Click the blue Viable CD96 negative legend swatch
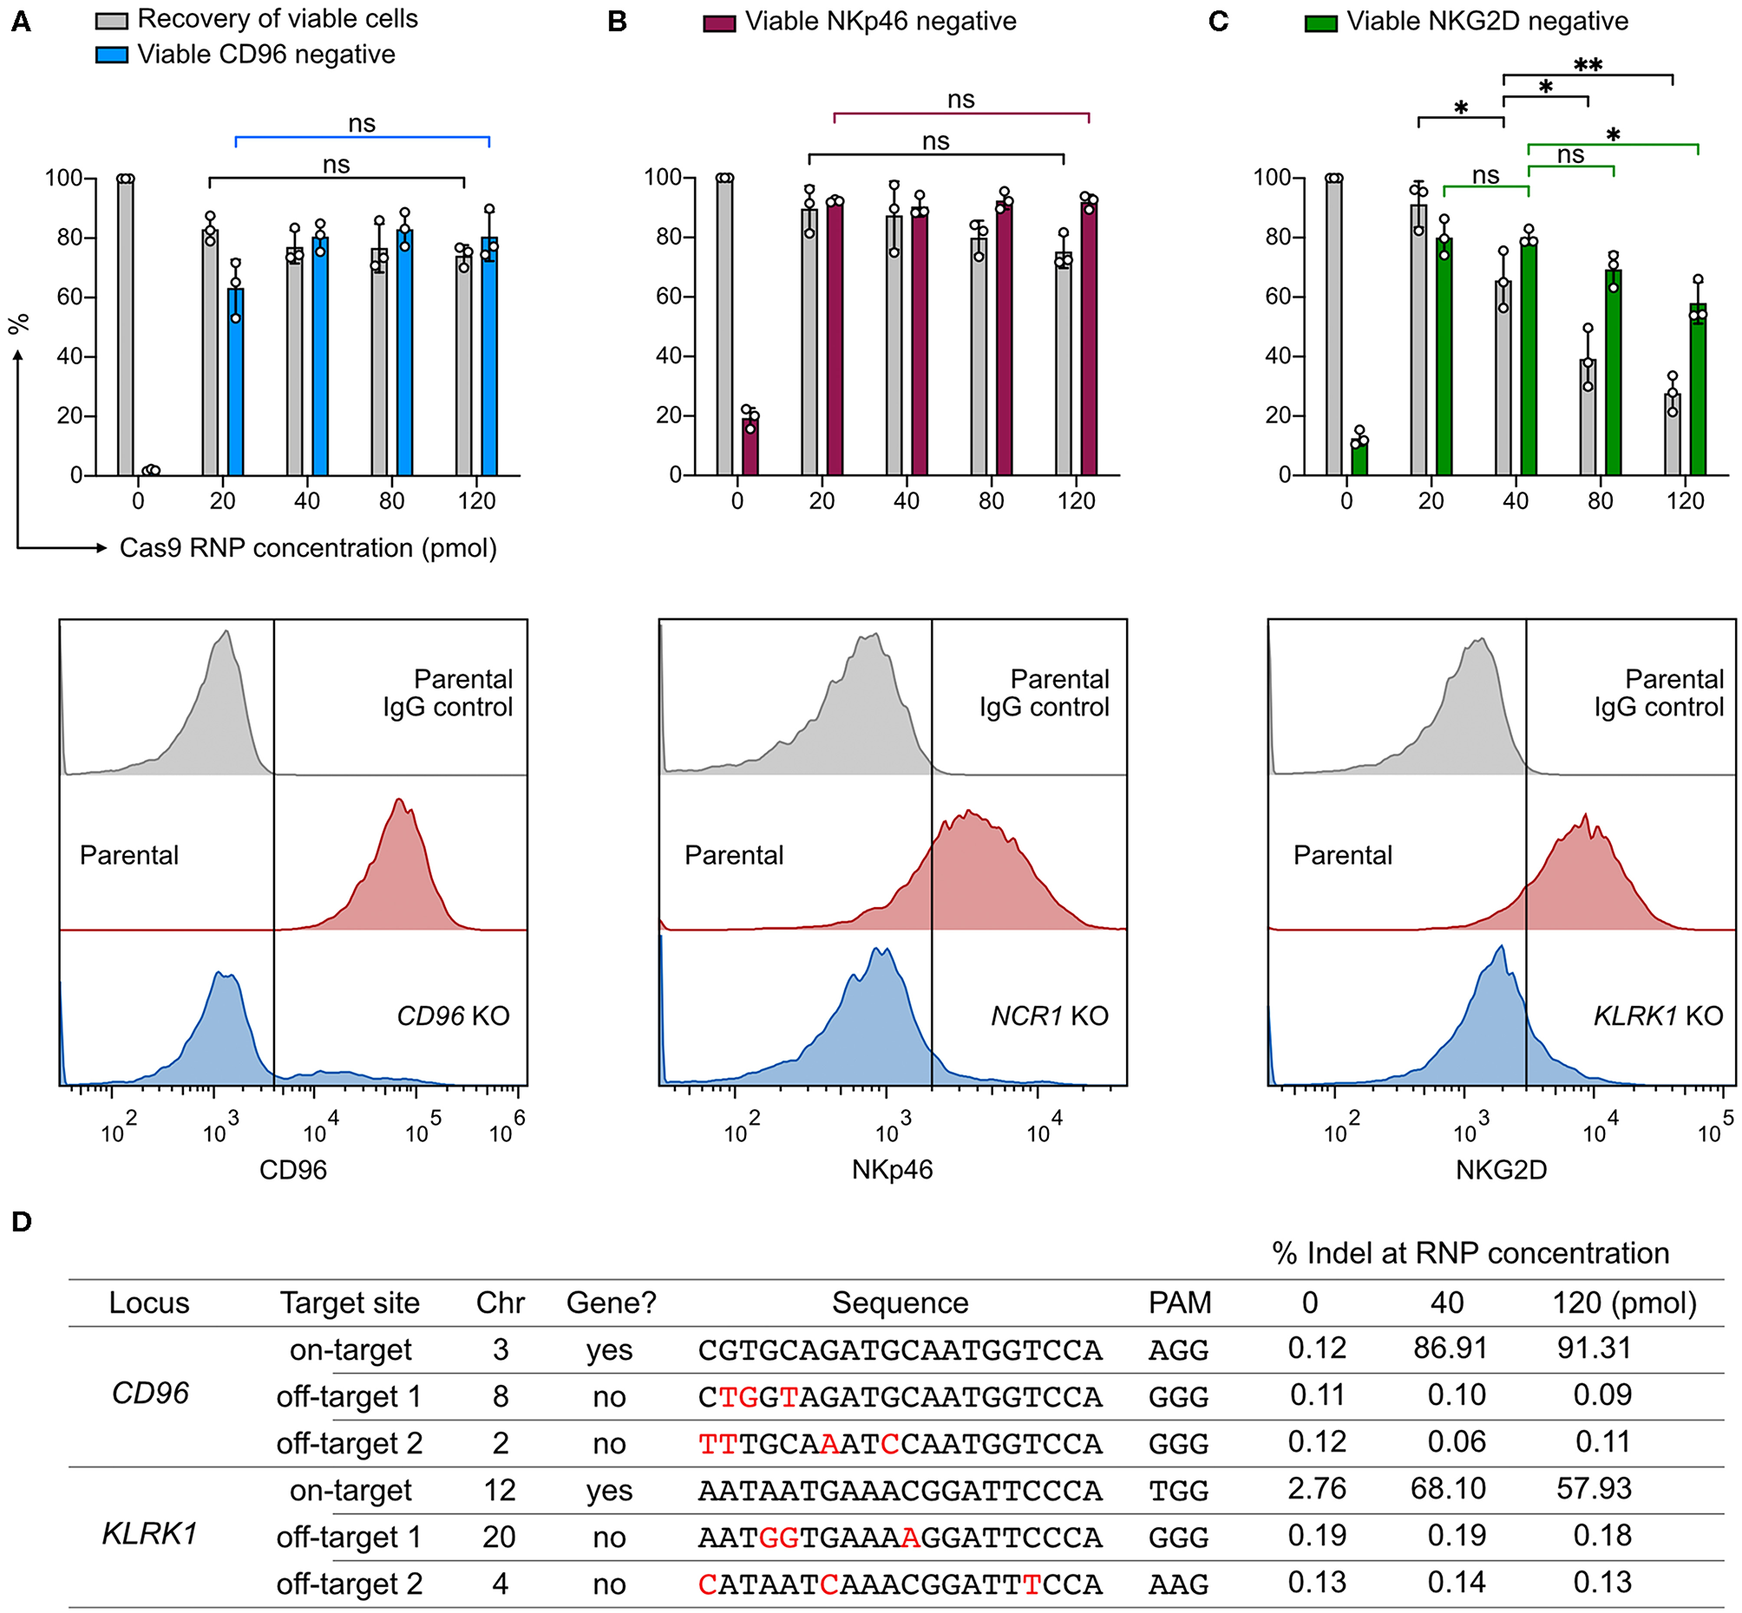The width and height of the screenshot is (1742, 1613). [111, 55]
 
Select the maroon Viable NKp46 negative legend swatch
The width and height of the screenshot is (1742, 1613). [718, 22]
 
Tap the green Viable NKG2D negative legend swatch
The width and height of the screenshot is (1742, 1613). [1320, 22]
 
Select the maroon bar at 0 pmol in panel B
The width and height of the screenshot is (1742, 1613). [750, 447]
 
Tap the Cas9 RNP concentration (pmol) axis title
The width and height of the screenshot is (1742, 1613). [308, 548]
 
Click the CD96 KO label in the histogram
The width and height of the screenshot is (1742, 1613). [452, 1016]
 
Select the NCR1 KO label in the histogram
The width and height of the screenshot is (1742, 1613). [1050, 1016]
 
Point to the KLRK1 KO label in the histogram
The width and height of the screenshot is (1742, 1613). [1657, 1016]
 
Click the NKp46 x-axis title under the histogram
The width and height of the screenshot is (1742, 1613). [893, 1170]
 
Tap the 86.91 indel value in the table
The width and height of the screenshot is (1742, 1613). [1450, 1349]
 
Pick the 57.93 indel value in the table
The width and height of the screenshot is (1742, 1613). [1594, 1489]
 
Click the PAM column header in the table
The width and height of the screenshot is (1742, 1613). [1180, 1303]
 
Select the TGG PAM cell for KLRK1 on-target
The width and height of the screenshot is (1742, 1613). [1178, 1491]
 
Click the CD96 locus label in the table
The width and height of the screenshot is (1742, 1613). [150, 1393]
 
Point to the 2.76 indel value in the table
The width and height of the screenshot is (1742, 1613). [1317, 1489]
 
